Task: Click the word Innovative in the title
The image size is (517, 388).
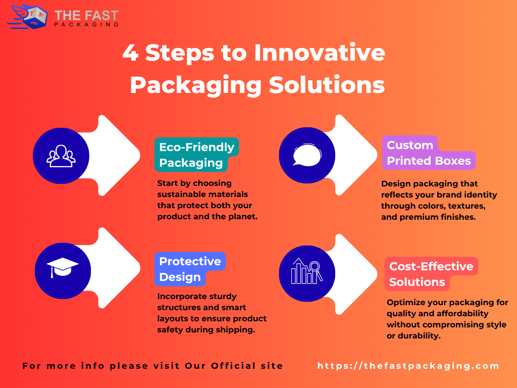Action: [320, 53]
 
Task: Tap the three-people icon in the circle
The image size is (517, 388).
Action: [61, 156]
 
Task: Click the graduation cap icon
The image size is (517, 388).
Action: [63, 268]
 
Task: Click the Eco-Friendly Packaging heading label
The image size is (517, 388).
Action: [196, 155]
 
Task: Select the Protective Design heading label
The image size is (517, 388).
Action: [189, 269]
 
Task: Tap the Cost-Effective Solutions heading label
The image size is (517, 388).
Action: [431, 274]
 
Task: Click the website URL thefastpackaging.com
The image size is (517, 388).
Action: [408, 366]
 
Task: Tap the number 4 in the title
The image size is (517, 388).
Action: [130, 53]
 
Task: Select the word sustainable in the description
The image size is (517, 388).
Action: [183, 194]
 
